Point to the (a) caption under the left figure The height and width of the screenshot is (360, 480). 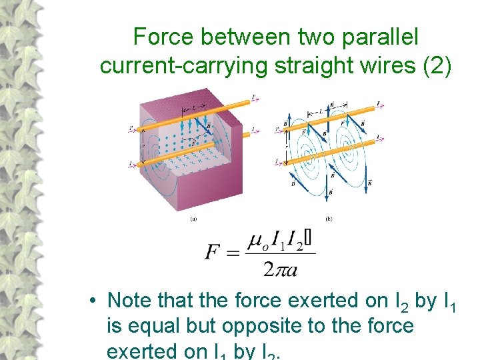[193, 218]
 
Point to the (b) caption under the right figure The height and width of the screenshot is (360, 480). [329, 218]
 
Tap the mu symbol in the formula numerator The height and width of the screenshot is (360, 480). [254, 241]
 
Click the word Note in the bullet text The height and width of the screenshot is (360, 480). [129, 301]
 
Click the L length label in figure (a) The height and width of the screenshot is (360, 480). [193, 106]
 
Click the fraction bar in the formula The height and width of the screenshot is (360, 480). [280, 253]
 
